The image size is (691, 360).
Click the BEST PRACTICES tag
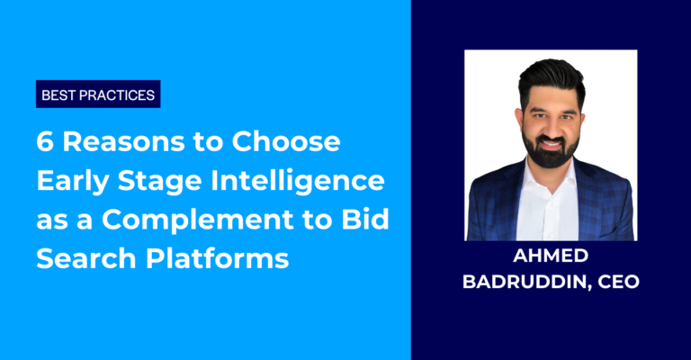click(x=98, y=94)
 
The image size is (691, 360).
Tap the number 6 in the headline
click(x=45, y=142)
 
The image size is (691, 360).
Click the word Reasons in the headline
click(x=112, y=142)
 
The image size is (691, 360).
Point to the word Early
click(x=74, y=182)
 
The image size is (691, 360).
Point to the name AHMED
click(x=550, y=254)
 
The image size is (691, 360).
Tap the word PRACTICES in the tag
click(x=117, y=94)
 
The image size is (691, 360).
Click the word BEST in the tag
click(x=58, y=94)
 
